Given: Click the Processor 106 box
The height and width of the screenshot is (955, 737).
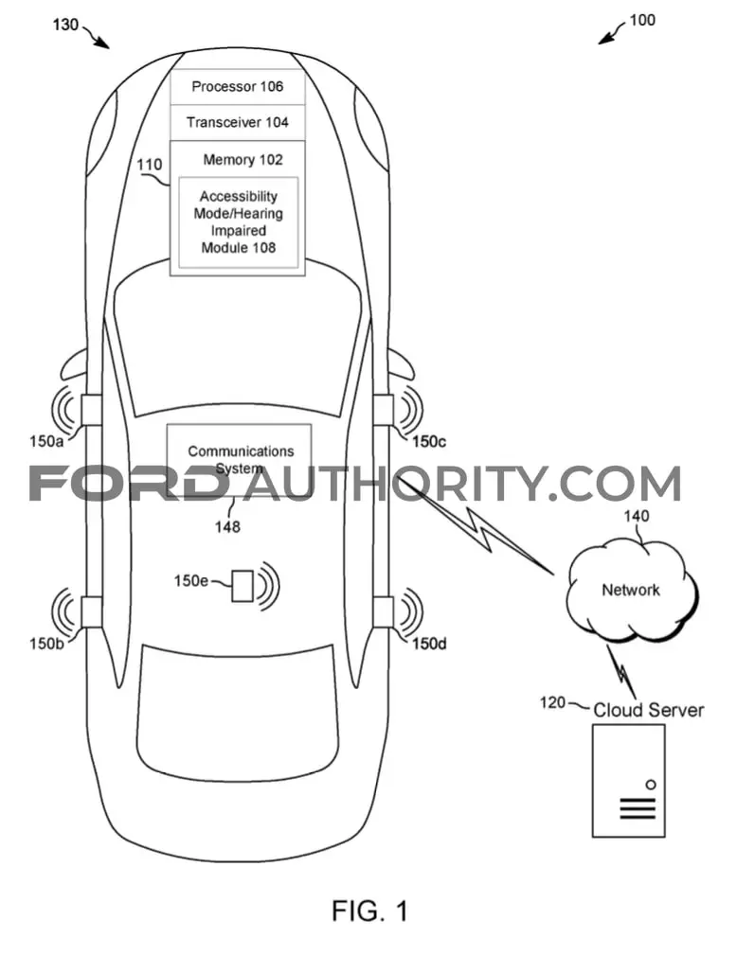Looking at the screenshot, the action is [x=237, y=86].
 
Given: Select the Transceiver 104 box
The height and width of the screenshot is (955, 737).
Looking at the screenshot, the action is [x=237, y=122].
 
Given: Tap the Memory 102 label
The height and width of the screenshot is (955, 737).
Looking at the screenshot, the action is [x=243, y=160].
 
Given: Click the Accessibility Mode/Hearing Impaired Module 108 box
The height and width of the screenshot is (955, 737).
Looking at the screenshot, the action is [x=239, y=222].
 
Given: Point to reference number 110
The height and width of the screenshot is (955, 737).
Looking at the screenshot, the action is [x=149, y=165].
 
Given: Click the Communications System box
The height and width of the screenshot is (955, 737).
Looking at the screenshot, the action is [x=239, y=459].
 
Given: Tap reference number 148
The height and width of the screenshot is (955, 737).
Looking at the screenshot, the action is [x=227, y=526].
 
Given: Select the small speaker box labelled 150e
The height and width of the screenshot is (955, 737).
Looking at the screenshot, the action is [x=242, y=586].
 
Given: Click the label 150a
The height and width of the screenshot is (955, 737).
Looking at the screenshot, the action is [x=46, y=440].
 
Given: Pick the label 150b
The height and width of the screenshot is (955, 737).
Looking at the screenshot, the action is [x=46, y=644].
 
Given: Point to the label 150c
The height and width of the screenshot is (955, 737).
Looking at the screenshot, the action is [x=429, y=442].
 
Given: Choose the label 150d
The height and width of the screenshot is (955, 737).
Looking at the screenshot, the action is [x=429, y=644].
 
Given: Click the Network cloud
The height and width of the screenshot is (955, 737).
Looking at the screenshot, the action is [x=632, y=590].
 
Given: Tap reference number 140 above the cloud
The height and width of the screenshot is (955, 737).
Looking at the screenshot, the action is [x=636, y=516].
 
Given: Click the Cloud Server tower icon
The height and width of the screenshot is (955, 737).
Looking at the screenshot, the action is [x=628, y=781].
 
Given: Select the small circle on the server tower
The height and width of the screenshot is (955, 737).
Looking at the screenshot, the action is [x=651, y=785].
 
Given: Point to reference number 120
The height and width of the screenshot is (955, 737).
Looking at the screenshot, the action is [x=552, y=702].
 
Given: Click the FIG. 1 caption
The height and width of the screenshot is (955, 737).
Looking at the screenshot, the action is [x=369, y=911].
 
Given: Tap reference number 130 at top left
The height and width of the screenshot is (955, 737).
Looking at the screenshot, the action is [x=65, y=25].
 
